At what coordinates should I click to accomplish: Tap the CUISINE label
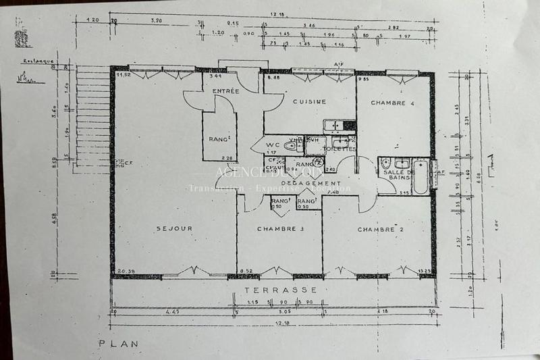click(x=309, y=102)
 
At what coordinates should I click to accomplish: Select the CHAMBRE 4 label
click(x=391, y=103)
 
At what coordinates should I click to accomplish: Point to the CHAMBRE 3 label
click(x=279, y=229)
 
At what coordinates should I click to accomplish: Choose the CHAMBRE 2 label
click(x=381, y=230)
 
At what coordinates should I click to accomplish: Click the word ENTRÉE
click(x=225, y=91)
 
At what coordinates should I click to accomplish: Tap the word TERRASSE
click(x=281, y=288)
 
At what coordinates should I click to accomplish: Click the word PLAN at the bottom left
click(x=119, y=344)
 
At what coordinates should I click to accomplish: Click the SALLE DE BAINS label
click(x=398, y=176)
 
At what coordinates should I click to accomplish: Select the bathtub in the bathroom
click(x=420, y=175)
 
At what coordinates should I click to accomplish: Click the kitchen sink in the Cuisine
click(x=333, y=125)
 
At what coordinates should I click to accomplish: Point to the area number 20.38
click(x=126, y=272)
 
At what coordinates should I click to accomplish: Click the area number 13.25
click(x=424, y=272)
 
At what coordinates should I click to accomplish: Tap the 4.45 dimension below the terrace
click(x=173, y=311)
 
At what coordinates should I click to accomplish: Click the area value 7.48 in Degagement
click(x=331, y=192)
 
